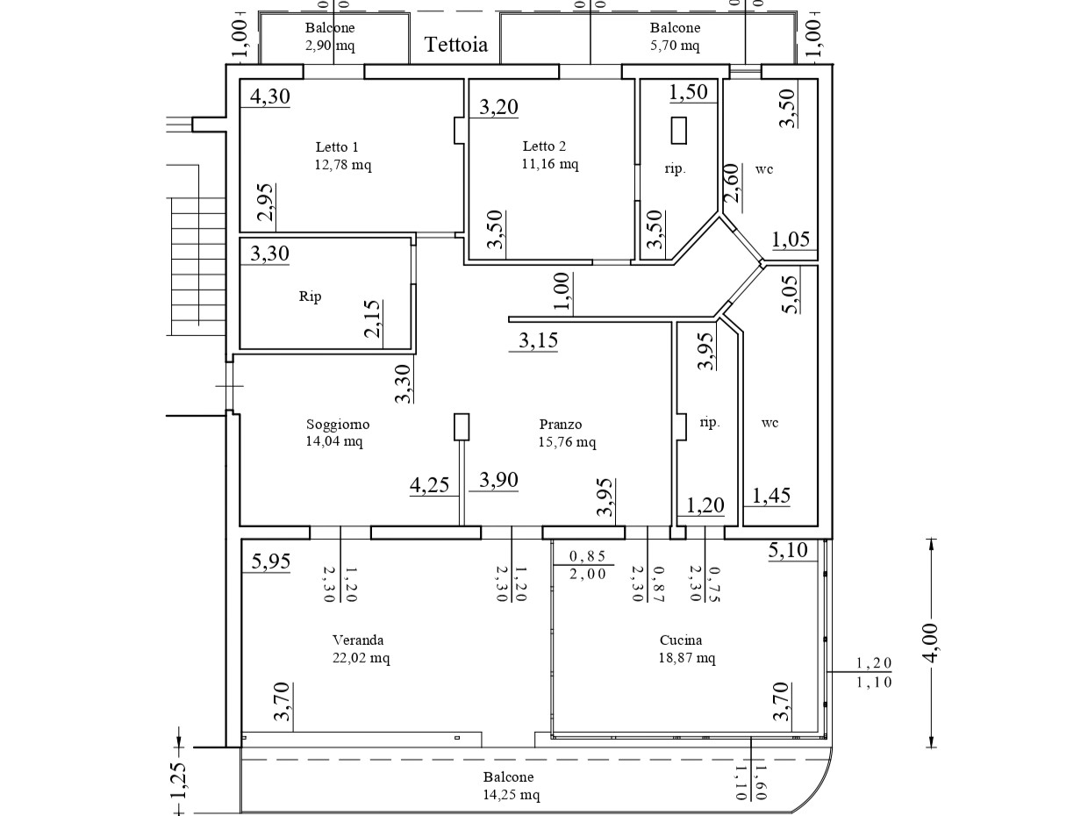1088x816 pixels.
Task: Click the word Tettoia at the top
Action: pyautogui.click(x=456, y=45)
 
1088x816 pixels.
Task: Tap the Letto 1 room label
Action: pyautogui.click(x=337, y=147)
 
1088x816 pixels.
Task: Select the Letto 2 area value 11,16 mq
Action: pyautogui.click(x=550, y=163)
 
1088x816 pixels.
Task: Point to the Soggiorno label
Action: pyautogui.click(x=338, y=424)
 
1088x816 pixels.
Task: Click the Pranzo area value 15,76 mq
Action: pyautogui.click(x=568, y=441)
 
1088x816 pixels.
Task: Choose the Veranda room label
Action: pyautogui.click(x=358, y=641)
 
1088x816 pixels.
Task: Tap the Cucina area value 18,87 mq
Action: pyautogui.click(x=687, y=657)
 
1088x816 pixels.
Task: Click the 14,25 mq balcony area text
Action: pyautogui.click(x=512, y=795)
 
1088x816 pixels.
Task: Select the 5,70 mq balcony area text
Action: pyautogui.click(x=675, y=46)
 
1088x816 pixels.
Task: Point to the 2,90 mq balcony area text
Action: pyautogui.click(x=330, y=46)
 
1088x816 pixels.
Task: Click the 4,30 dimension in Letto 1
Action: pyautogui.click(x=270, y=97)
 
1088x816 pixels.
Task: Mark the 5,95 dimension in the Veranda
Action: pyautogui.click(x=270, y=562)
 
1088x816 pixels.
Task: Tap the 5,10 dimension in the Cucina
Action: pyautogui.click(x=788, y=550)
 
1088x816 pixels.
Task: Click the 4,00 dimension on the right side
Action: pyautogui.click(x=931, y=643)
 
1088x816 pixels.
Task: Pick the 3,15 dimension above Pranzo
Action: pyautogui.click(x=539, y=340)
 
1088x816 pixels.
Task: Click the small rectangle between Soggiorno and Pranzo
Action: pyautogui.click(x=462, y=427)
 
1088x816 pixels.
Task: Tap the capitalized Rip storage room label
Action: pyautogui.click(x=311, y=297)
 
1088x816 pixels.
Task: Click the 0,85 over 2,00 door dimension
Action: pyautogui.click(x=587, y=565)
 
